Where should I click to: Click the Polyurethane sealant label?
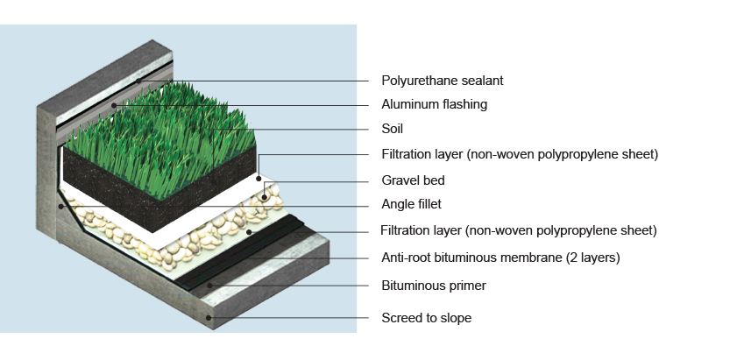[443, 81]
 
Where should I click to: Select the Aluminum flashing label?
[434, 104]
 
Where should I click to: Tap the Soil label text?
[392, 129]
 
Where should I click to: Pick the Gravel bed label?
[413, 180]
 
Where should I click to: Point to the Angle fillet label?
[411, 204]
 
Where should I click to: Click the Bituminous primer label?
[434, 286]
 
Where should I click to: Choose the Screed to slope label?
[427, 318]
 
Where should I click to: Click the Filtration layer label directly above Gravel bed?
[520, 154]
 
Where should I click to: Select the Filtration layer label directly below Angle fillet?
[519, 230]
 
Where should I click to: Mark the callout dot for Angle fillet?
[60, 207]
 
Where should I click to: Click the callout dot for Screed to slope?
[209, 317]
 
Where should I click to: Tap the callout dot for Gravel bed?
[265, 197]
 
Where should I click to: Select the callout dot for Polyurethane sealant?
[139, 81]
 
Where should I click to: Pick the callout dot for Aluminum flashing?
[114, 105]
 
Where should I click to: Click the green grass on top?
[161, 138]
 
